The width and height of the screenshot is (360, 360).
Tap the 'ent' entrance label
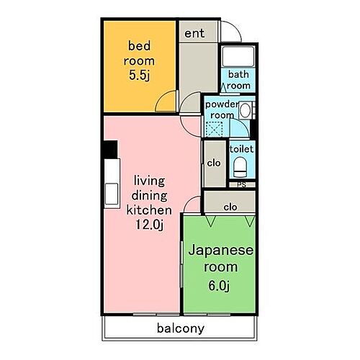point(193,34)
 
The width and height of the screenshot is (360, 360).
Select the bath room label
point(239,80)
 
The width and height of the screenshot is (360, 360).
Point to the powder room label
point(221,109)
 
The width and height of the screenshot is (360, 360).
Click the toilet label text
point(240,148)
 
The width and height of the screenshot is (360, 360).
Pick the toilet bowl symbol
point(240,168)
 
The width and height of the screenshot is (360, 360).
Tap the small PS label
point(241,184)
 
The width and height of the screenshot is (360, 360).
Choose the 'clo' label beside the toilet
point(213,163)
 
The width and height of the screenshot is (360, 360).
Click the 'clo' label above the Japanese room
point(230,206)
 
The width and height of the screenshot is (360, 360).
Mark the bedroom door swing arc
point(166,102)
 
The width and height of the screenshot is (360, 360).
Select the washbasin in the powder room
point(245,110)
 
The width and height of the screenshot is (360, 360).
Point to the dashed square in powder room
point(214,130)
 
